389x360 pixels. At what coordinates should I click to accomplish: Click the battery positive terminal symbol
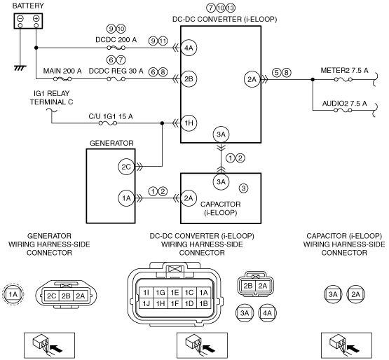[36, 18]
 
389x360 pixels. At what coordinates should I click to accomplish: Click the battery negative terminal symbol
[20, 18]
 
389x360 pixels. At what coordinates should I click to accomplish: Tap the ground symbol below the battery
[20, 68]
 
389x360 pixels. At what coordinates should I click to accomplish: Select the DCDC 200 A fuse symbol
[116, 48]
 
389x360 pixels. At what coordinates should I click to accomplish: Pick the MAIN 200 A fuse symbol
[62, 79]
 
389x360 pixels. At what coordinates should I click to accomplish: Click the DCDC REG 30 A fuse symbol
[116, 79]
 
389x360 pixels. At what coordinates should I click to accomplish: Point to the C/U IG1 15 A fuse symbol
[108, 123]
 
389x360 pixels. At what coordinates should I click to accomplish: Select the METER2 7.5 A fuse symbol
[343, 80]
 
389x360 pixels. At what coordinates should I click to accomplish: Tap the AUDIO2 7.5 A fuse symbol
[343, 110]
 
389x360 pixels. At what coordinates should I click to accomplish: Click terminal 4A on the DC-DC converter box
[189, 48]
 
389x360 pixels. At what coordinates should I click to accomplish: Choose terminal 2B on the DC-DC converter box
[189, 79]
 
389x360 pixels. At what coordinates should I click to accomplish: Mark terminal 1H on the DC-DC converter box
[189, 123]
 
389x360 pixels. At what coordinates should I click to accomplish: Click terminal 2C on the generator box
[126, 167]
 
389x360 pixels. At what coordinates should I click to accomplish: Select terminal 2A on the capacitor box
[189, 198]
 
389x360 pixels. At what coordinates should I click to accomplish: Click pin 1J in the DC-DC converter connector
[146, 303]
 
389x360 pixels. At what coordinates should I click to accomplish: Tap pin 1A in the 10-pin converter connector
[203, 293]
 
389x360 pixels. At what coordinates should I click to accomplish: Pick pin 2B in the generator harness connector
[66, 296]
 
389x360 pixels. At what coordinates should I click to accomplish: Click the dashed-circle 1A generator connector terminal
[13, 294]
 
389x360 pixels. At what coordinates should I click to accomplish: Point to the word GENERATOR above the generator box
[111, 143]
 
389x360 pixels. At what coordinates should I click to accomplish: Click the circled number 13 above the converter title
[231, 8]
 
